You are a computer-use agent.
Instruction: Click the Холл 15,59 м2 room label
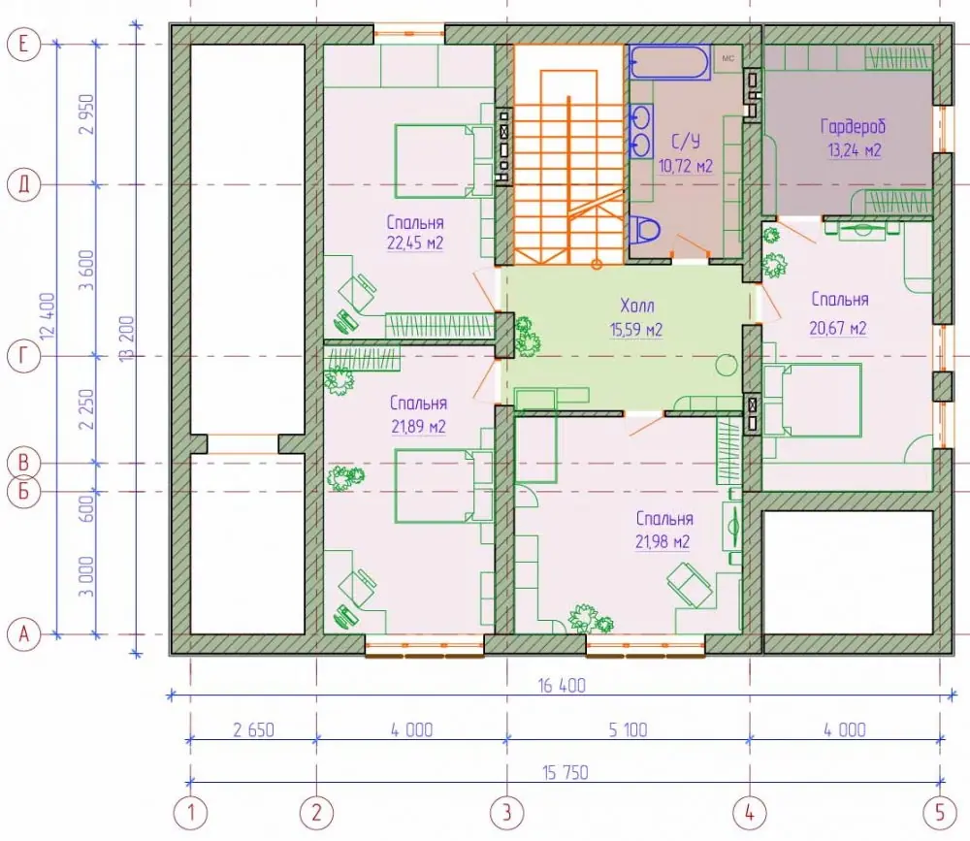click(636, 317)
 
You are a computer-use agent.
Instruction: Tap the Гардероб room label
click(853, 126)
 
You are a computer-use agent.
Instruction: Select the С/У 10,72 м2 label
click(686, 153)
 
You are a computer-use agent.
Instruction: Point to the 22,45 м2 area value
click(415, 243)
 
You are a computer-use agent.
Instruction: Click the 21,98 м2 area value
click(663, 542)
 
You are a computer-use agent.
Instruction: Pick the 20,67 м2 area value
click(838, 328)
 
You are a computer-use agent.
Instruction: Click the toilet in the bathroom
click(646, 230)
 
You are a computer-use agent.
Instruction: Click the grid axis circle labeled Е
click(23, 45)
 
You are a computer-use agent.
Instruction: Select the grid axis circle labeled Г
click(23, 356)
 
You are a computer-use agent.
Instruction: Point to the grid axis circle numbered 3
click(507, 812)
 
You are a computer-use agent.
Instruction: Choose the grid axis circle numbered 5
click(940, 812)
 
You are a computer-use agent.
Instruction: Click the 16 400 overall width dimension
click(562, 686)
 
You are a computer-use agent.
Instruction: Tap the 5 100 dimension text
click(628, 729)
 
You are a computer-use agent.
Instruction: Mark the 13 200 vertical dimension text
click(127, 340)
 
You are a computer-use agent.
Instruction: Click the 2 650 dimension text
click(253, 730)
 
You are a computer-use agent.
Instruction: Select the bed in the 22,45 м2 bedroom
click(443, 161)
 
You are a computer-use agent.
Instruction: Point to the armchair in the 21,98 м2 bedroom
click(689, 584)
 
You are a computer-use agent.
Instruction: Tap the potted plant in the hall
click(527, 336)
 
